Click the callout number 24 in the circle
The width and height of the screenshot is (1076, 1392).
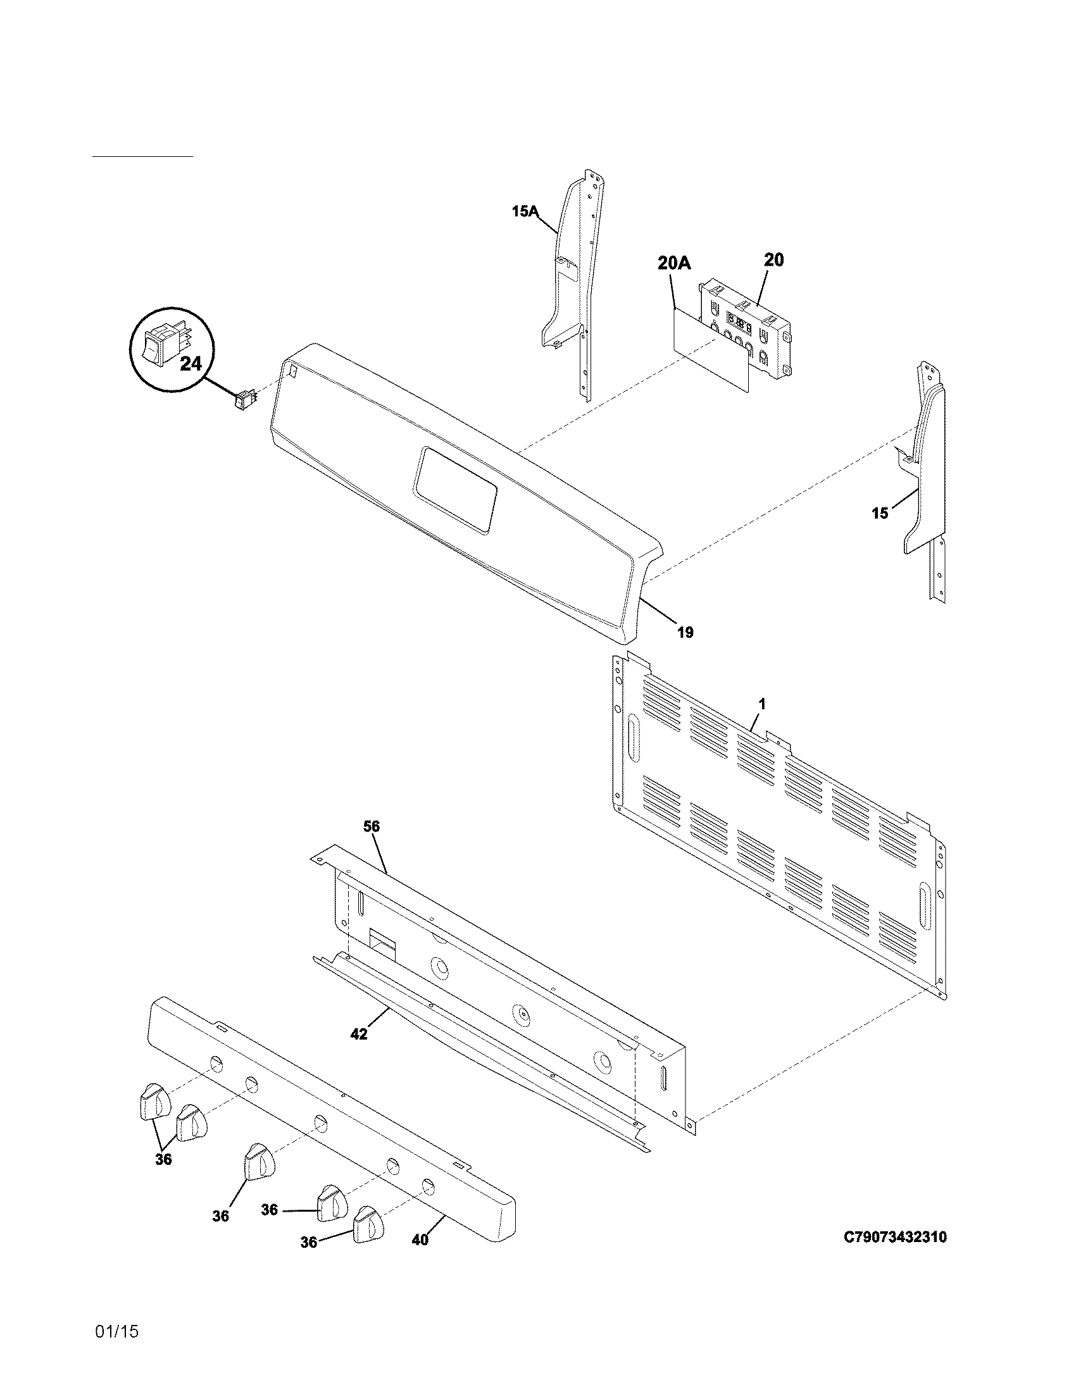pyautogui.click(x=191, y=364)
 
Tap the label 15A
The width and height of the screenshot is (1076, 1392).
pyautogui.click(x=525, y=211)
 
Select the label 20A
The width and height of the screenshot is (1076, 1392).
pyautogui.click(x=674, y=263)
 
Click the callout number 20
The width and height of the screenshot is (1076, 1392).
pyautogui.click(x=773, y=259)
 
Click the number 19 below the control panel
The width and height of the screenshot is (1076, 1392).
pyautogui.click(x=685, y=632)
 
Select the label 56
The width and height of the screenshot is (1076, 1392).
pyautogui.click(x=372, y=827)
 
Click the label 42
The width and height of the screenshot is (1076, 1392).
pyautogui.click(x=359, y=1034)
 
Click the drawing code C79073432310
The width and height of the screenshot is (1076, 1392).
pyautogui.click(x=895, y=1236)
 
